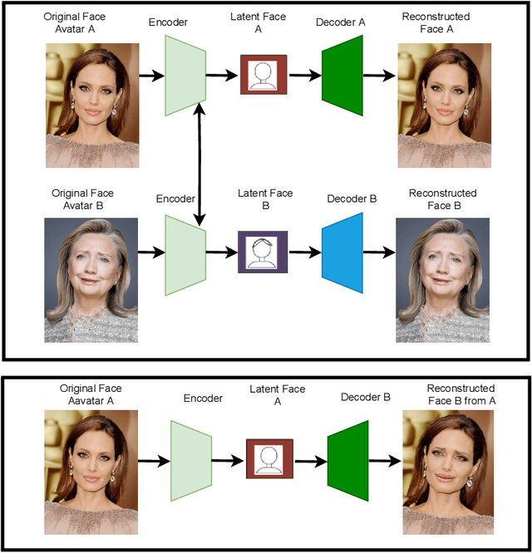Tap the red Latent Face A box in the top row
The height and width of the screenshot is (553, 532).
click(264, 76)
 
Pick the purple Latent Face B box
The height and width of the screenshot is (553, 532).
click(262, 251)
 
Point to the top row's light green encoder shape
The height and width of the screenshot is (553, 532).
click(185, 76)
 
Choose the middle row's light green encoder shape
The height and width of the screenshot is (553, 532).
click(185, 253)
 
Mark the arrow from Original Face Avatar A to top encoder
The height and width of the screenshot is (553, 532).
click(150, 76)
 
